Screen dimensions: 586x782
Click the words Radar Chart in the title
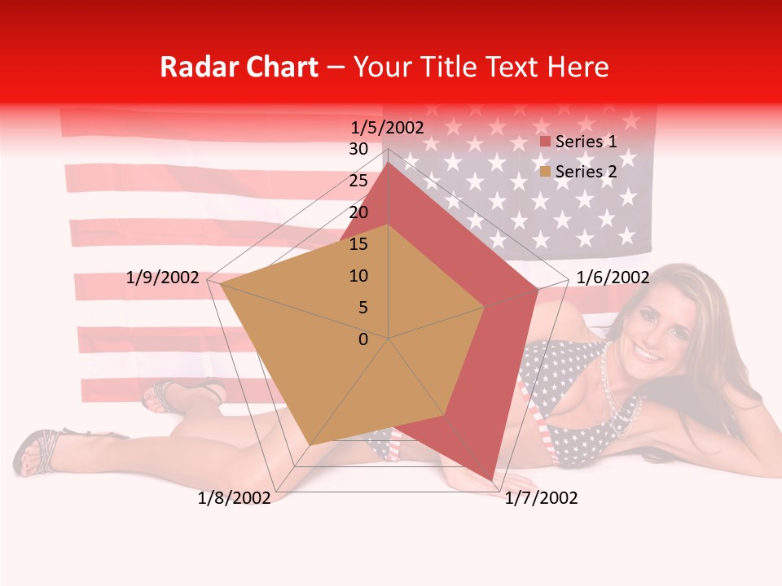coord(239,67)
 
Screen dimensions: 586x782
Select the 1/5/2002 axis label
coord(387,127)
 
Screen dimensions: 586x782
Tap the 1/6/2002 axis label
coord(613,278)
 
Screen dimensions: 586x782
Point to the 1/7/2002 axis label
coord(541,498)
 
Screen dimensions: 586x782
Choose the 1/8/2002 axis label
coord(235,498)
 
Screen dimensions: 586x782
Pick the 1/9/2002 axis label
coord(163,278)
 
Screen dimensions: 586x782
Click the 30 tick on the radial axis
coord(358,149)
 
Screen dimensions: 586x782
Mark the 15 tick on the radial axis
coord(358,244)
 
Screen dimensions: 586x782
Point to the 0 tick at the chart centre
coord(363,339)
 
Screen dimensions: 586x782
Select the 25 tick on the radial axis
coord(358,181)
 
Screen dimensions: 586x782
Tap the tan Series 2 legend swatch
coord(546,172)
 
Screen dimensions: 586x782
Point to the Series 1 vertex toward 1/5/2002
coord(389,164)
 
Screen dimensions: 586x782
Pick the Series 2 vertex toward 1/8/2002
coord(310,445)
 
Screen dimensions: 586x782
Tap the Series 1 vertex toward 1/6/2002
coord(538,289)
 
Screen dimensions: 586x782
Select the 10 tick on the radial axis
coord(358,276)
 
